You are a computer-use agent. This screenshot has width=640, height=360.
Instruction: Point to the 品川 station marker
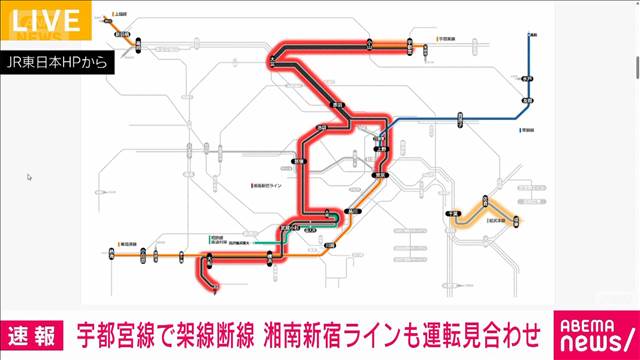352,213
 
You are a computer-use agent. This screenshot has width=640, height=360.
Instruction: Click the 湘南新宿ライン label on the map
270,187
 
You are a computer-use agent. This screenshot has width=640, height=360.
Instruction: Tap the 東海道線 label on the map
127,243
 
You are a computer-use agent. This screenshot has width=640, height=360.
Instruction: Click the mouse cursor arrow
30,177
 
